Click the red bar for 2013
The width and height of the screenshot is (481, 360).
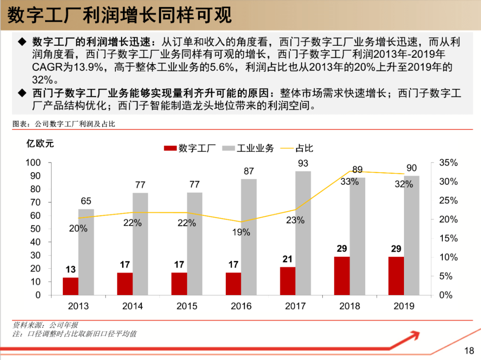(70, 286)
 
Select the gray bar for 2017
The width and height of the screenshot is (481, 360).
(303, 233)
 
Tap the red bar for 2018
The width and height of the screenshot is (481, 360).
(342, 275)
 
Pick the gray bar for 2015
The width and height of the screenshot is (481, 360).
(194, 244)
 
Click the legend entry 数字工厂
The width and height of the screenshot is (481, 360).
(190, 148)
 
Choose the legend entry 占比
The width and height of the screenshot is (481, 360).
(297, 148)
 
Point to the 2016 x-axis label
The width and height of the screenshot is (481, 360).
(241, 306)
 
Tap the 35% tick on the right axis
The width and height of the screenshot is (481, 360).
(448, 163)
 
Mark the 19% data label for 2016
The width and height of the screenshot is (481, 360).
(241, 232)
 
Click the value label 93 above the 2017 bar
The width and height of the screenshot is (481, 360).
(303, 163)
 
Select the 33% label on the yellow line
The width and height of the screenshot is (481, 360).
(350, 182)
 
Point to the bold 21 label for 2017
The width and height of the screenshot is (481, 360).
(288, 259)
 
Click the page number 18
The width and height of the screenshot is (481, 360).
(469, 351)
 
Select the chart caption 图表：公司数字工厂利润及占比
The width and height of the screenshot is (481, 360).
(64, 124)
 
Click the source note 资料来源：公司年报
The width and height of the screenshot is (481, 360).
(45, 325)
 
